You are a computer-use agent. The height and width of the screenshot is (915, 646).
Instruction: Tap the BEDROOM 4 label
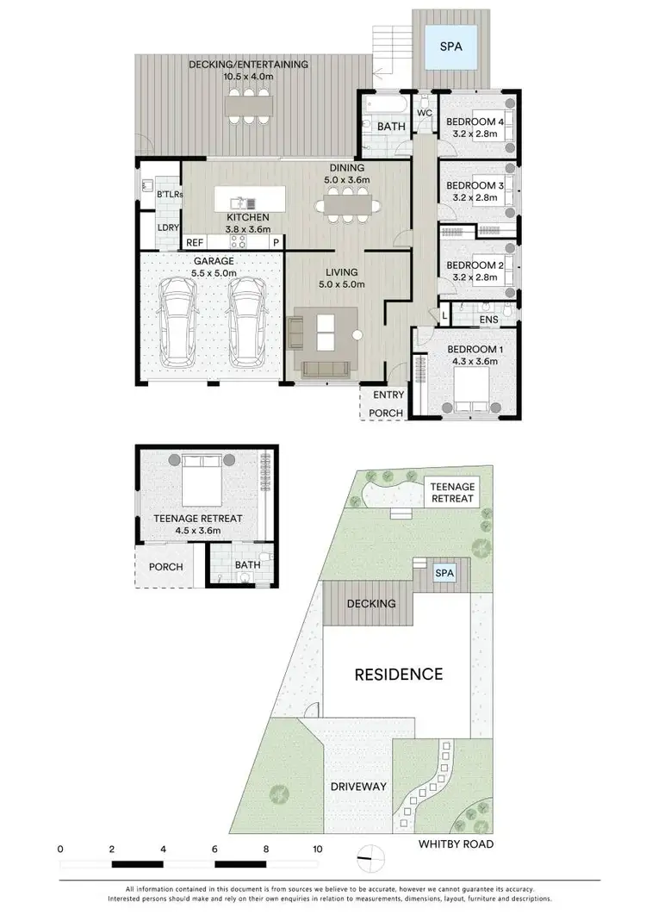(475, 121)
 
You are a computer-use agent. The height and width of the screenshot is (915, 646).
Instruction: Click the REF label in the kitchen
(195, 243)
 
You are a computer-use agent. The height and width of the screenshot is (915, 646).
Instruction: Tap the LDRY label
(167, 227)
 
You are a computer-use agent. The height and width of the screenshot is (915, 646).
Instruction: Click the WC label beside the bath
(425, 114)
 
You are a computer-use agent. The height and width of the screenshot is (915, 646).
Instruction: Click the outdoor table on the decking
(249, 106)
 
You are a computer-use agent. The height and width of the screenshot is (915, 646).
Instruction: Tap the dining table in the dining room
(348, 206)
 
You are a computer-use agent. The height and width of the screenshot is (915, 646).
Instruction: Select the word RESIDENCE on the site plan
(399, 674)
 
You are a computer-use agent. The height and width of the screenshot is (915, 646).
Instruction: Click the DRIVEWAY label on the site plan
(357, 787)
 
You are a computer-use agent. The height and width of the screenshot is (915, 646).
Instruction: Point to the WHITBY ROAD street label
(457, 844)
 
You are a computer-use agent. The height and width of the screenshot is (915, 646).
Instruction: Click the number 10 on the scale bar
(318, 848)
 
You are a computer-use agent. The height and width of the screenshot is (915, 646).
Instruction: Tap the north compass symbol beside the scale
(370, 856)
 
